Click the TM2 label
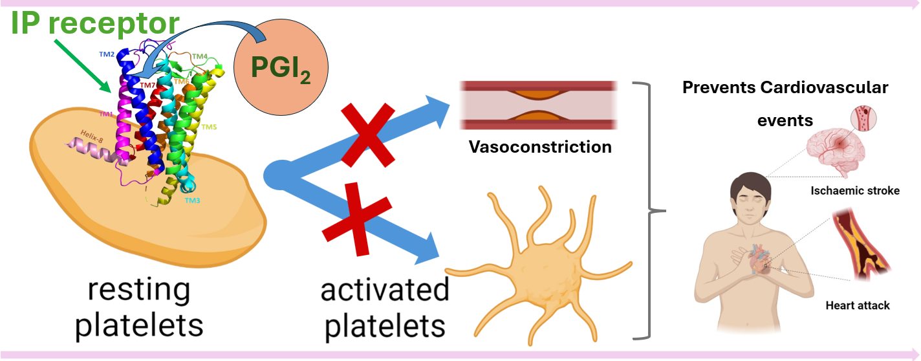tap(107, 55)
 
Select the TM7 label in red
tap(148, 85)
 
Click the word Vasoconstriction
tap(539, 147)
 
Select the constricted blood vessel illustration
tap(539, 105)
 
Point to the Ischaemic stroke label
tap(854, 191)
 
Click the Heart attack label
tap(858, 305)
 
